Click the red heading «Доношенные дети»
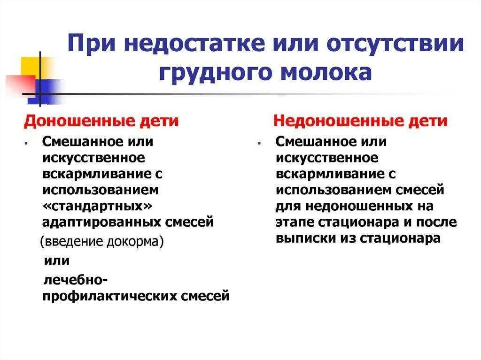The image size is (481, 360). pos(101,121)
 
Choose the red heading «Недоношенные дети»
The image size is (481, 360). pos(360,121)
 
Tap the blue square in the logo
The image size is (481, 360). pos(47,91)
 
